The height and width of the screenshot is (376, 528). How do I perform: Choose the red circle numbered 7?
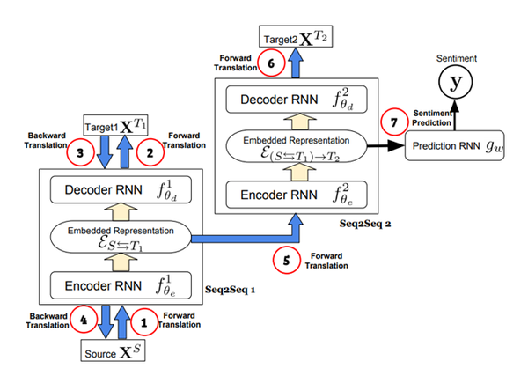[389, 124]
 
